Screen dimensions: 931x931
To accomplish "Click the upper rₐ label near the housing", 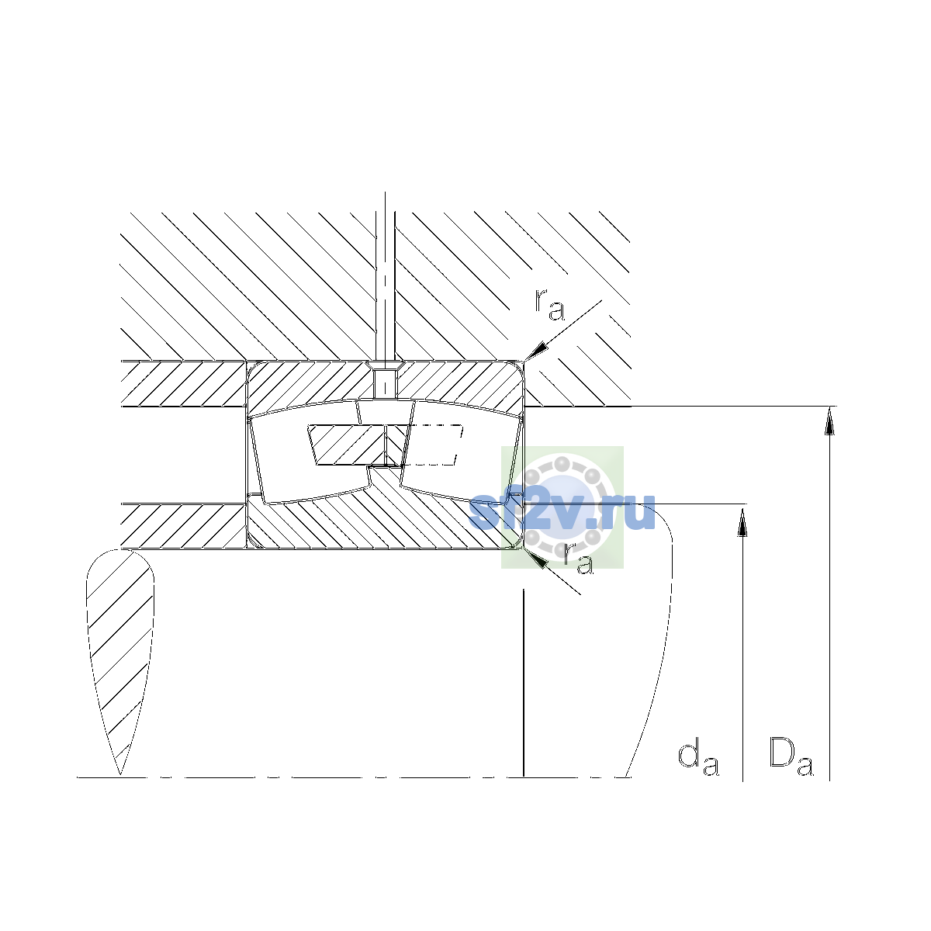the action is [549, 305].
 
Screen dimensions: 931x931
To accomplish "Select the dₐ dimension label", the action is [698, 759].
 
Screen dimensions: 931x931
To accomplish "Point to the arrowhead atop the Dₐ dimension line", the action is [829, 421].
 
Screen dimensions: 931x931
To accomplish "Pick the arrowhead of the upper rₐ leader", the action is [537, 351].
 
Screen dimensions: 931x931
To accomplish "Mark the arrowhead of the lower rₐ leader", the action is [535, 558].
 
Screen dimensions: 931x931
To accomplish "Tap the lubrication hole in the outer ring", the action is [385, 385].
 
